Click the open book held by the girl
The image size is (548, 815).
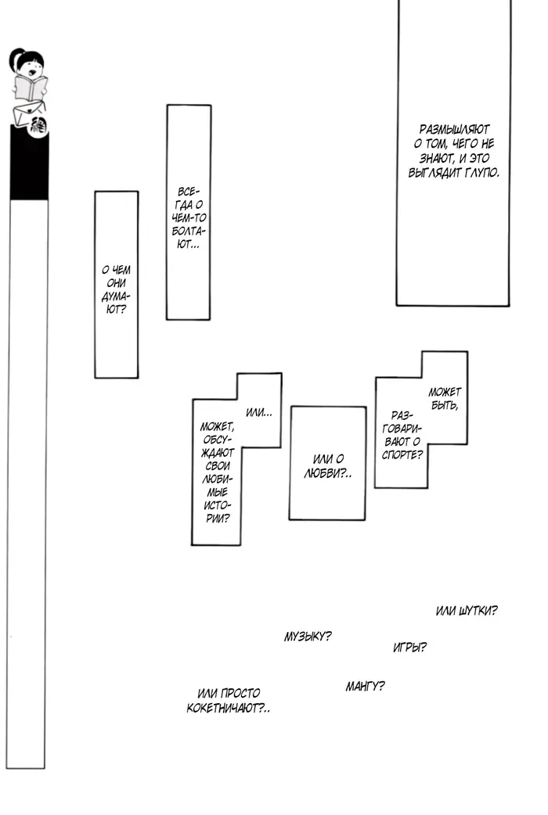(31, 88)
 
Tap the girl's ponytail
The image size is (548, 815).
(15, 59)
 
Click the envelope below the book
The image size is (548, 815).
(28, 113)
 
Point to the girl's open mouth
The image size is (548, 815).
(33, 73)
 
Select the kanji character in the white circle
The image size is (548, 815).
(38, 126)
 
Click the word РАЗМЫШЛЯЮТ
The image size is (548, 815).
(454, 129)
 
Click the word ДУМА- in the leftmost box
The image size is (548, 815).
(116, 296)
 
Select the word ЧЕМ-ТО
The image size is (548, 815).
(189, 217)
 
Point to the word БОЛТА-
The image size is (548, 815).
(189, 231)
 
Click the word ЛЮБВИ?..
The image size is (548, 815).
(327, 473)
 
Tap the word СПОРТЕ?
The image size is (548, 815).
(402, 454)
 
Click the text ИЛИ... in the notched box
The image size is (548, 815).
(258, 412)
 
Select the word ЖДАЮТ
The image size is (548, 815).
(218, 453)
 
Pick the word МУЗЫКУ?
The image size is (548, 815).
(308, 636)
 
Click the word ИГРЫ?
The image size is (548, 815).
(409, 647)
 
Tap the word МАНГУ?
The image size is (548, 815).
(365, 686)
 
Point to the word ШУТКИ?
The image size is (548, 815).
(478, 611)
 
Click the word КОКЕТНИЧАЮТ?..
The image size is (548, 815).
(228, 708)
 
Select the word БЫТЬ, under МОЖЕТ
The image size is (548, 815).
(445, 405)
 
